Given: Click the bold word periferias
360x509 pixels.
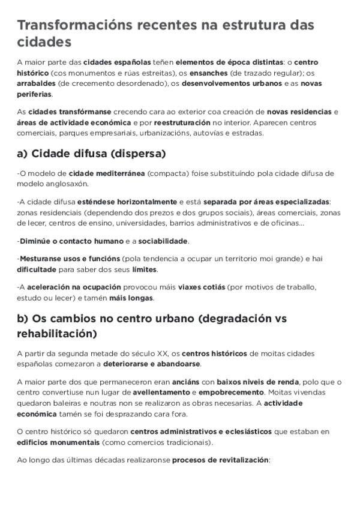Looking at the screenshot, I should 34,94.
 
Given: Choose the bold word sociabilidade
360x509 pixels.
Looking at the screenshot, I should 163,241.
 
